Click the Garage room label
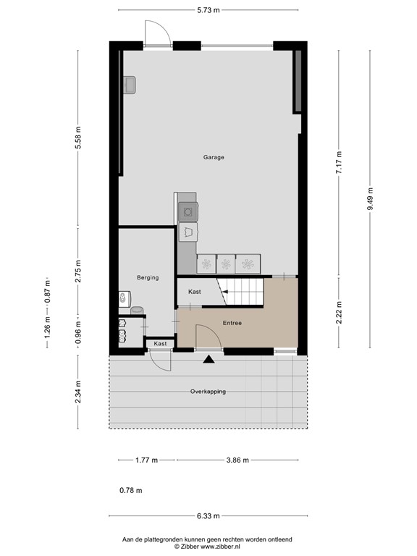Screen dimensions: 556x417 pos(214,157)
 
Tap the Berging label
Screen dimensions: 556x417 pos(148,277)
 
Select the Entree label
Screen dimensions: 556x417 pos(232,323)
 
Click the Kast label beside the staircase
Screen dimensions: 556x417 pos(194,292)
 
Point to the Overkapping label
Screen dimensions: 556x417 pos(208,392)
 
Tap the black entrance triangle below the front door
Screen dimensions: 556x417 pos(209,358)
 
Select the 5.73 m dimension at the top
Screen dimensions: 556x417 pos(208,9)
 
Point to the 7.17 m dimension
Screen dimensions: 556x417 pos(338,159)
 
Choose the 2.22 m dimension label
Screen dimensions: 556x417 pos(338,316)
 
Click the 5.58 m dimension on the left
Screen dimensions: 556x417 pos(79,138)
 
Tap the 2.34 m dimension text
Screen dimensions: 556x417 pos(79,392)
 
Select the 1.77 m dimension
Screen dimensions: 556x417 pos(147,460)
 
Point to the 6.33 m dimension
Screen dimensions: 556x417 pos(208,515)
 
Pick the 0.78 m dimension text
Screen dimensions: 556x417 pos(130,491)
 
